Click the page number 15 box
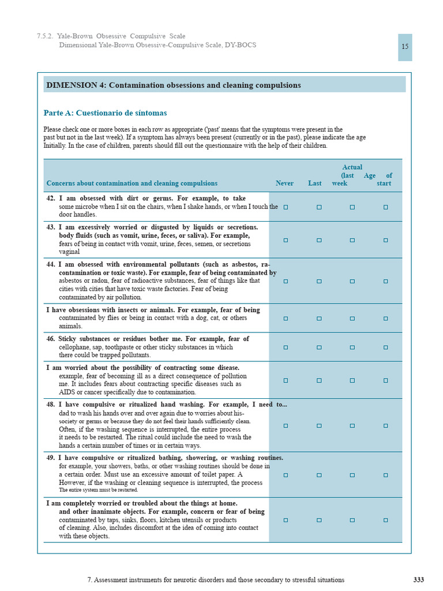[405, 47]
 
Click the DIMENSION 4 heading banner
[224, 85]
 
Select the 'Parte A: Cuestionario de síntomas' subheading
[105, 113]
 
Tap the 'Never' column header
[284, 184]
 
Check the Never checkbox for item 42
[286, 207]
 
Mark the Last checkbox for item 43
[319, 240]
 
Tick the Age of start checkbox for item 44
[385, 281]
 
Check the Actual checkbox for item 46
[352, 347]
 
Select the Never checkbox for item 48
[286, 425]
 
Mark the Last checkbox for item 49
[319, 475]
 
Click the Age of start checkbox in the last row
[385, 520]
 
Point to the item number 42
[51, 198]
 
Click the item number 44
[51, 264]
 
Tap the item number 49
[51, 458]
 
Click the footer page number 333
[419, 579]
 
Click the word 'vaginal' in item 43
[70, 252]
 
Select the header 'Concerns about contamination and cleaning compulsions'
[132, 184]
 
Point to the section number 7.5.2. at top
[45, 36]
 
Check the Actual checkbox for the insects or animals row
[352, 318]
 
